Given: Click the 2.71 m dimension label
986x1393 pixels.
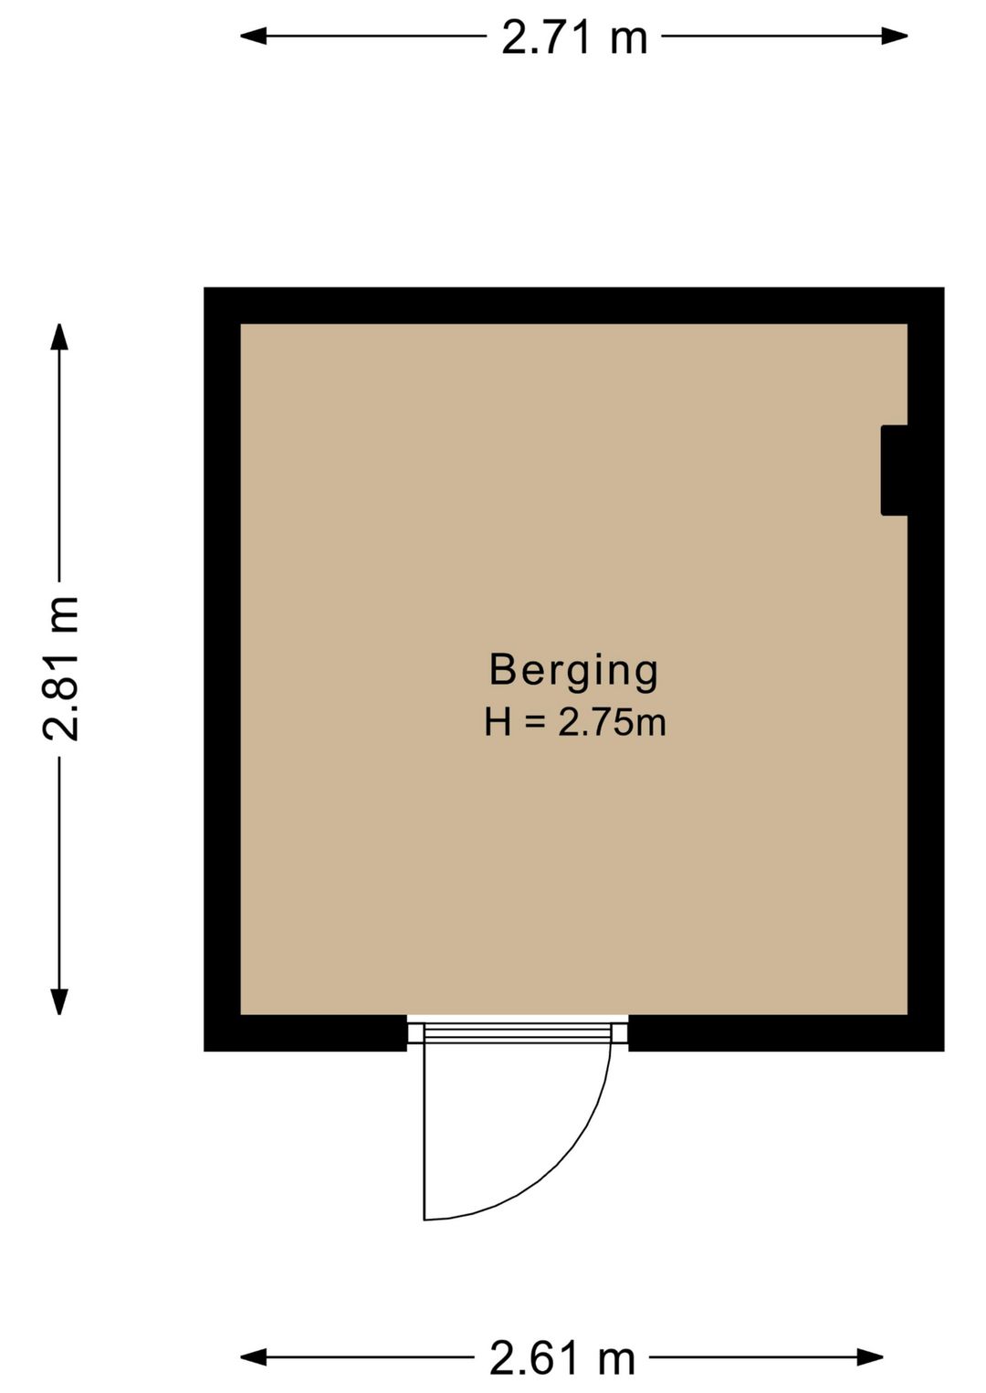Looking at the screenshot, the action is click(x=574, y=37).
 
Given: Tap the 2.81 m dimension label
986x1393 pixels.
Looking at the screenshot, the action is click(x=60, y=668).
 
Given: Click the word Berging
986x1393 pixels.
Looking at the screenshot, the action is click(x=573, y=671).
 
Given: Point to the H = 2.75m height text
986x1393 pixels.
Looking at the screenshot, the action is click(x=575, y=723).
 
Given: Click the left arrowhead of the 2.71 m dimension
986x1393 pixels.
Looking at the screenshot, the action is click(x=253, y=37).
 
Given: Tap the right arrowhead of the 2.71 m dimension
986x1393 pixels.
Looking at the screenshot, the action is click(x=895, y=37).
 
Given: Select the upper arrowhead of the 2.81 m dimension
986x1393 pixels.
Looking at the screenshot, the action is click(x=59, y=337).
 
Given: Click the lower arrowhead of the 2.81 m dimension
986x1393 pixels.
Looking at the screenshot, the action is click(x=59, y=1001).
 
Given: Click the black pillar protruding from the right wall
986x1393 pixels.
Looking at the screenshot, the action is click(x=894, y=470).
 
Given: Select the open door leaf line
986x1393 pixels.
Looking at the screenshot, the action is click(x=425, y=1131).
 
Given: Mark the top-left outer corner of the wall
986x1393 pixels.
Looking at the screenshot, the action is click(x=205, y=288).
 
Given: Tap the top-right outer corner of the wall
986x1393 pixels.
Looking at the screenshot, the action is click(x=944, y=288).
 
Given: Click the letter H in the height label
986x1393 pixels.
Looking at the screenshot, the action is click(x=498, y=723).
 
